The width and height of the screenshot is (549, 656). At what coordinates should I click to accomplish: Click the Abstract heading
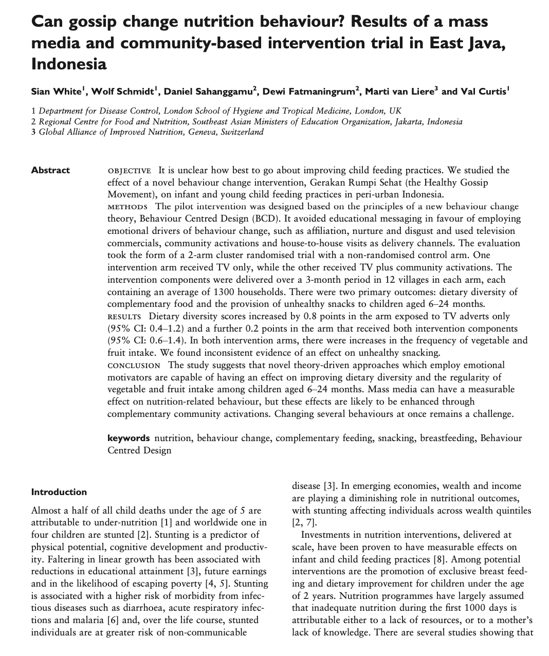pyautogui.click(x=50, y=170)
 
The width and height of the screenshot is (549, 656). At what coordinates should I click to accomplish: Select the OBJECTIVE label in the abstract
pyautogui.click(x=129, y=171)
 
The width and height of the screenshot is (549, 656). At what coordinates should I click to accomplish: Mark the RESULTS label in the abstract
pyautogui.click(x=124, y=317)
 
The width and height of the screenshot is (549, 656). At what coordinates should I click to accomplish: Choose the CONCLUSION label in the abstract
pyautogui.click(x=134, y=366)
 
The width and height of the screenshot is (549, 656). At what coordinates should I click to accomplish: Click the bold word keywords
pyautogui.click(x=129, y=439)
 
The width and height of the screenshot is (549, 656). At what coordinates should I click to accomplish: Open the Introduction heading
pyautogui.click(x=59, y=492)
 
